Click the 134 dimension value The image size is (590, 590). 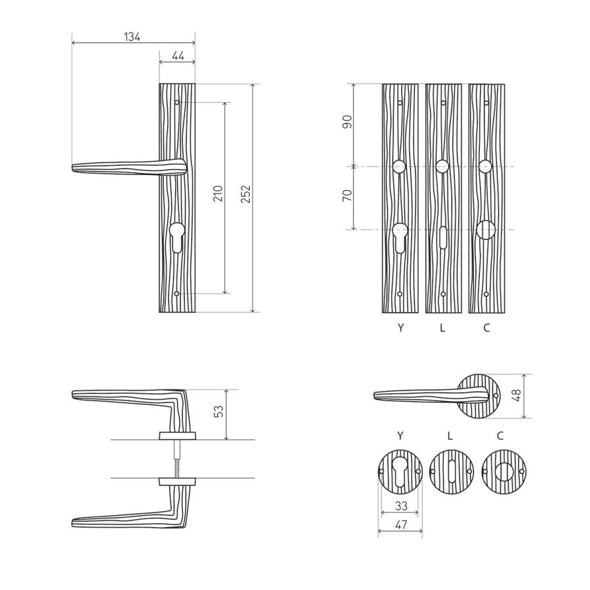coord(132,37)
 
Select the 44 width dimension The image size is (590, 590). coord(178,56)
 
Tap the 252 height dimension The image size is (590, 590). coord(246,194)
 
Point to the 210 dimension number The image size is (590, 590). coord(218,193)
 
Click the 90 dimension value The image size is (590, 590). coord(347,121)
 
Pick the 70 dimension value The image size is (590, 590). coord(347,195)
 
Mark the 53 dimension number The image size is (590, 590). coord(218,411)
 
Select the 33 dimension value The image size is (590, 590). coord(401,506)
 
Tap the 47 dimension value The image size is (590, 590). coord(401,524)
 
